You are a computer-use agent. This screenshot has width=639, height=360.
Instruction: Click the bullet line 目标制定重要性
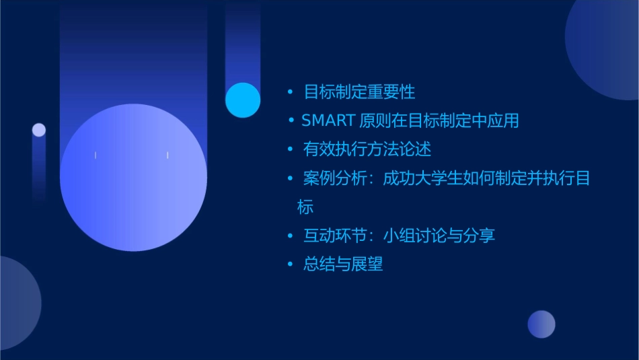pyautogui.click(x=359, y=92)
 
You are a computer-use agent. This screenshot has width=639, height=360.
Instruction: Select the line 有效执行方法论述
pyautogui.click(x=367, y=149)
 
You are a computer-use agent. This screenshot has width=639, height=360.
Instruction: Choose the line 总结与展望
pyautogui.click(x=343, y=264)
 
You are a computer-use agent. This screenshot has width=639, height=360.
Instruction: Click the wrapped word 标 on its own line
pyautogui.click(x=305, y=207)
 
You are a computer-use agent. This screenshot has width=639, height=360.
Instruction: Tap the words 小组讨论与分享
pyautogui.click(x=439, y=236)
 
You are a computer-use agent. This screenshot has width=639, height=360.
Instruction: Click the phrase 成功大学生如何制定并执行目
pyautogui.click(x=486, y=178)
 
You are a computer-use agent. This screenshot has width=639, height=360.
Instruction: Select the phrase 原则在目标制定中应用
pyautogui.click(x=439, y=120)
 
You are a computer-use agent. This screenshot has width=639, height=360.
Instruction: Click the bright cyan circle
pyautogui.click(x=243, y=100)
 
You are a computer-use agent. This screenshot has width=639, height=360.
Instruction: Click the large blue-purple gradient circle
pyautogui.click(x=133, y=178)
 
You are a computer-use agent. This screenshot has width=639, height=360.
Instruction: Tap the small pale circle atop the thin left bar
pyautogui.click(x=39, y=130)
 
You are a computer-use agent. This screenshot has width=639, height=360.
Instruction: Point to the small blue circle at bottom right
pyautogui.click(x=541, y=324)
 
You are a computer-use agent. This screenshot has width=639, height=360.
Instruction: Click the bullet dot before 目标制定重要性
pyautogui.click(x=290, y=92)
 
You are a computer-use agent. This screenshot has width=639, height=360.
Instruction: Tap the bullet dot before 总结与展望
pyautogui.click(x=290, y=264)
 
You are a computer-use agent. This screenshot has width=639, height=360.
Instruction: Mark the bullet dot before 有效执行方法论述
pyautogui.click(x=290, y=149)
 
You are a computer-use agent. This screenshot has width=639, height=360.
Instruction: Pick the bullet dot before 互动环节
pyautogui.click(x=290, y=236)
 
